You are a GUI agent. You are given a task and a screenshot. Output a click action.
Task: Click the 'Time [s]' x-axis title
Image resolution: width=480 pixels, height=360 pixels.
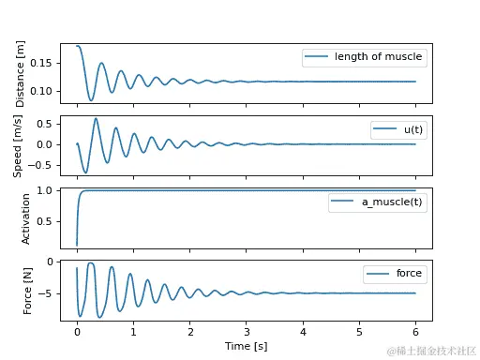[246, 346]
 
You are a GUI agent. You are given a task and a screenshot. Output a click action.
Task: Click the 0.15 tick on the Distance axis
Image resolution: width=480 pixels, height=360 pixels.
[44, 63]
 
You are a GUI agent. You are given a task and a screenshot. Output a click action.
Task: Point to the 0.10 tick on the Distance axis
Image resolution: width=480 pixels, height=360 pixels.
[44, 90]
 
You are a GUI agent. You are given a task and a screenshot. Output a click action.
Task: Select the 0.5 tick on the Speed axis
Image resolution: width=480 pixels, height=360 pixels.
[47, 123]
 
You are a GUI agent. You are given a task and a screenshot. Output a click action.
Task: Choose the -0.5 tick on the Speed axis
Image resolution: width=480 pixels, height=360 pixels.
[44, 166]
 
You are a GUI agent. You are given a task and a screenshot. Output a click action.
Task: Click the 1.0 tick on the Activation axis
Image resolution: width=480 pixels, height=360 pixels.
[47, 191]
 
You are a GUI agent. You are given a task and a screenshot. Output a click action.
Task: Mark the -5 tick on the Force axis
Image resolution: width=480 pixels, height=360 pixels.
[49, 293]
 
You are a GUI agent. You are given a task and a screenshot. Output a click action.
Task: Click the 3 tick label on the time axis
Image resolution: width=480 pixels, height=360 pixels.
[247, 332]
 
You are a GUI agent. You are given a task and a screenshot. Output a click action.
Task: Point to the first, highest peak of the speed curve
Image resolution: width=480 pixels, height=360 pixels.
[96, 118]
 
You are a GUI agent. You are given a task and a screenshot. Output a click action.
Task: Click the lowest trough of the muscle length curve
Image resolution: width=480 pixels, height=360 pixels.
[91, 100]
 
